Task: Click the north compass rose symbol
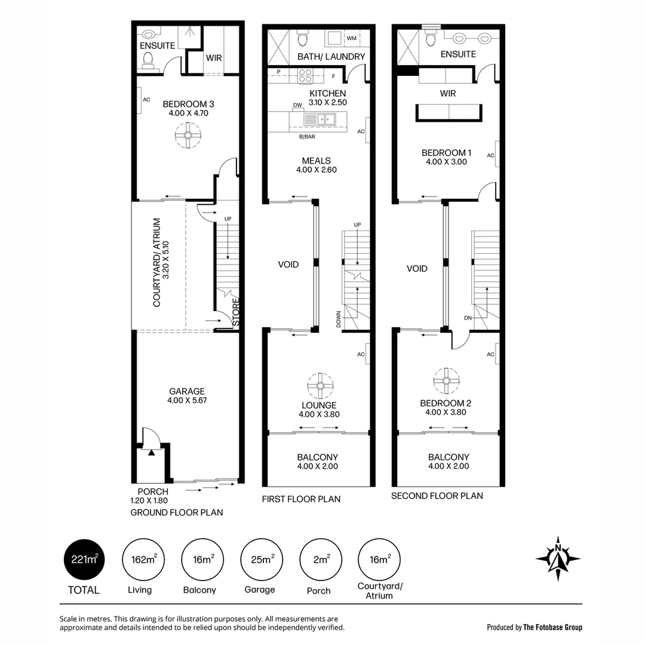click(558, 558)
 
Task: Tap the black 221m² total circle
click(84, 559)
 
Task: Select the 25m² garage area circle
click(260, 559)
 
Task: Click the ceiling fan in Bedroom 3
click(188, 134)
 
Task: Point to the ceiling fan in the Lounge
click(320, 385)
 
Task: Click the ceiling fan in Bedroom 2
click(446, 380)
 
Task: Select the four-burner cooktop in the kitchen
click(306, 76)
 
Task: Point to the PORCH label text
click(153, 492)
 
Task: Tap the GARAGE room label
click(186, 392)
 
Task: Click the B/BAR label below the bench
click(307, 137)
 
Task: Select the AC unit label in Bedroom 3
click(146, 100)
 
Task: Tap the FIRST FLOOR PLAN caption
click(301, 499)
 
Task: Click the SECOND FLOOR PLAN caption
click(437, 496)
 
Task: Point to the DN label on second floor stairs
click(468, 318)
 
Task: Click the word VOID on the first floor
click(288, 264)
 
